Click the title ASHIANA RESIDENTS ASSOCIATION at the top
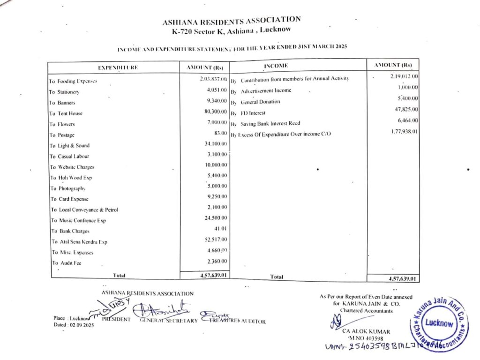232,21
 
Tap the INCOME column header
276,66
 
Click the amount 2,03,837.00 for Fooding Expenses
213,79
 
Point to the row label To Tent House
66,113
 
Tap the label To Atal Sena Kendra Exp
79,242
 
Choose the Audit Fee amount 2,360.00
217,261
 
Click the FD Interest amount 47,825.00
406,110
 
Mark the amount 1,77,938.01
404,132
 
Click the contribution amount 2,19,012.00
404,76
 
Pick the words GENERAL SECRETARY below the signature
168,321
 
